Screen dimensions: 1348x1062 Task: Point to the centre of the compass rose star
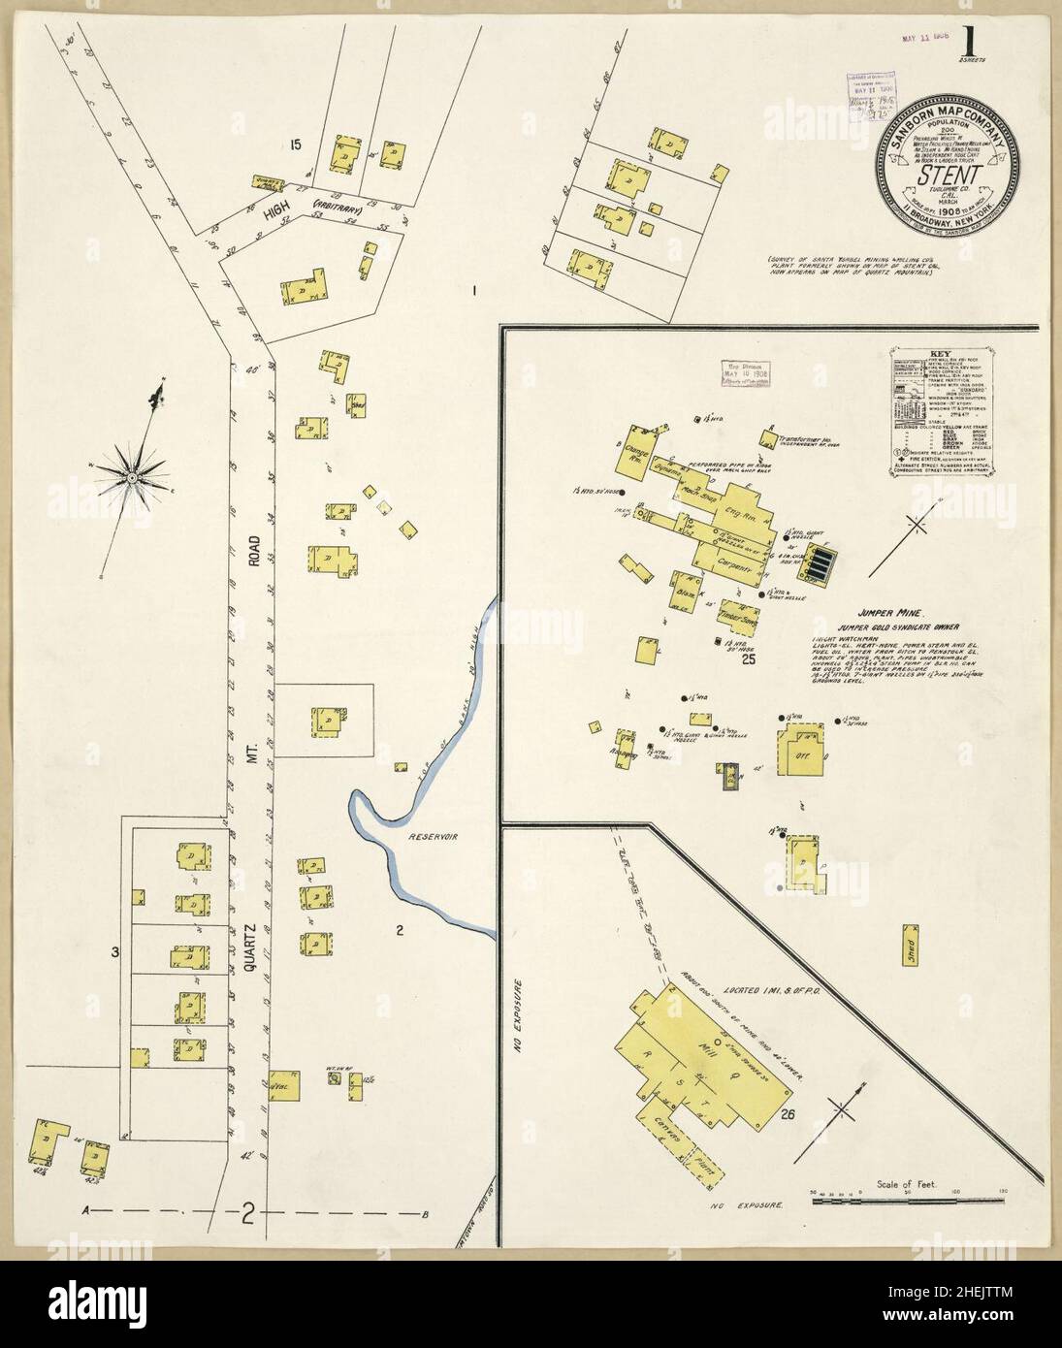(x=131, y=476)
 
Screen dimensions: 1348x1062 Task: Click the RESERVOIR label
(x=433, y=835)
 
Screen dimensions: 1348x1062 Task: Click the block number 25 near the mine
(x=748, y=660)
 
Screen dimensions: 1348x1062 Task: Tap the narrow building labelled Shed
(x=913, y=953)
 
